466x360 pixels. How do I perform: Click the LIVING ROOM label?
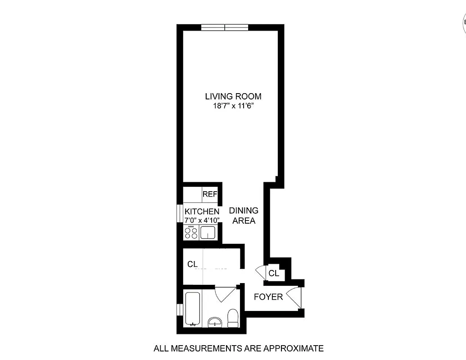[x=233, y=96]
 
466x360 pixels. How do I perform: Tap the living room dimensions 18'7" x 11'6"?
[x=233, y=106]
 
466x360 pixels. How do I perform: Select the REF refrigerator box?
[x=210, y=194]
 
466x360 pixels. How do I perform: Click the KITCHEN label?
[x=202, y=211]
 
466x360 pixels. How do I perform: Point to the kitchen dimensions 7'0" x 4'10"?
[x=202, y=220]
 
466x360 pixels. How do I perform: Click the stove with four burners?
[x=191, y=233]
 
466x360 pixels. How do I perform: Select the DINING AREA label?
[x=244, y=216]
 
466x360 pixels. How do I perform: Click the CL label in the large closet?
[x=193, y=264]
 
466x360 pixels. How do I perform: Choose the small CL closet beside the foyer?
[x=274, y=273]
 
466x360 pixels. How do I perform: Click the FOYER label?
[x=268, y=297]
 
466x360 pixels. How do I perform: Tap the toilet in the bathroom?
[x=233, y=318]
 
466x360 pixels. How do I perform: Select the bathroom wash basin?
[x=215, y=321]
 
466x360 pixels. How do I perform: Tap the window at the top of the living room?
[x=225, y=27]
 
